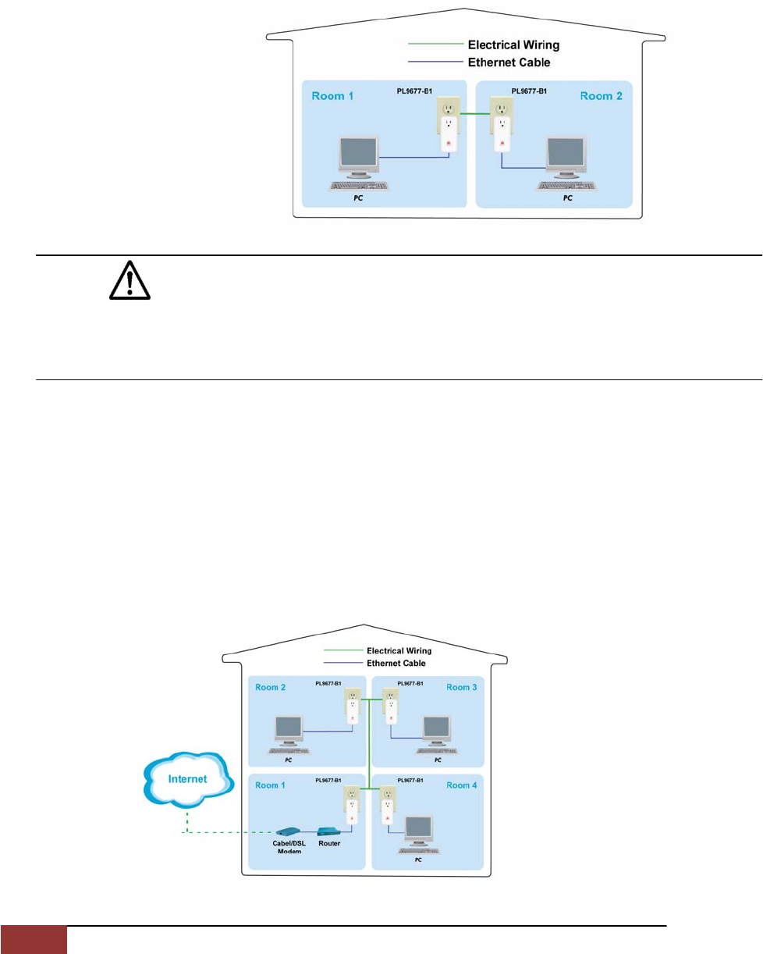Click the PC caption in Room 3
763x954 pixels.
438,760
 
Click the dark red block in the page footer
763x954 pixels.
34,940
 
